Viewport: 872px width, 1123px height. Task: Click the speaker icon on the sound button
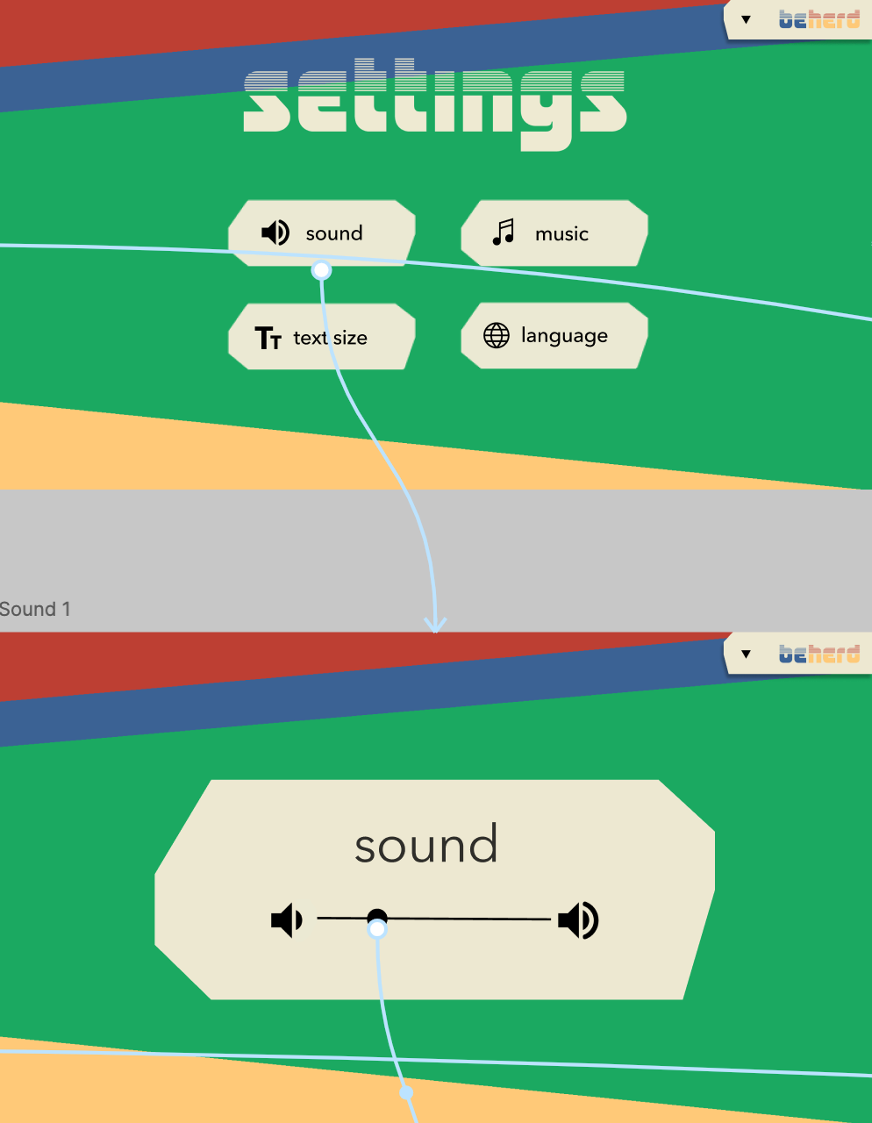(275, 232)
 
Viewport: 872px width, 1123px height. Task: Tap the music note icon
(504, 232)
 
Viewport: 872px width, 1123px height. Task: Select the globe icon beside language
(497, 335)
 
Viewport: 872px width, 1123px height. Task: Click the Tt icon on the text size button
(268, 338)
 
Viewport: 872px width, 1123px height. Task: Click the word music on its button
(561, 234)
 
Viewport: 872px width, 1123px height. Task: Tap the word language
(564, 336)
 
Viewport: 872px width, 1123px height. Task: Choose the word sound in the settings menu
(334, 233)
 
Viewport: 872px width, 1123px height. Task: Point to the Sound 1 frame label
(35, 609)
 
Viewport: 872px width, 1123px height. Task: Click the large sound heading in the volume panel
(426, 845)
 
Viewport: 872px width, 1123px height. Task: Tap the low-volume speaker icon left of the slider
(286, 920)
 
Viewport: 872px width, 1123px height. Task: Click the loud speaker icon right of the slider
(578, 920)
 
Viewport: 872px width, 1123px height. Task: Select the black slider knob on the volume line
(377, 918)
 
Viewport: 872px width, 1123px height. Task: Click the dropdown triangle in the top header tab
(746, 19)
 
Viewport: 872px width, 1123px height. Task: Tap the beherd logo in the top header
(819, 19)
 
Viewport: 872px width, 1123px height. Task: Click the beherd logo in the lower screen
(819, 654)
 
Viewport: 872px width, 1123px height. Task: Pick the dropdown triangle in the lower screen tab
(746, 654)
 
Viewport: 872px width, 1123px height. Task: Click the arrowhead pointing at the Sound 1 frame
(435, 626)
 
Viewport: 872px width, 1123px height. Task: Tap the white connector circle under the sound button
(322, 270)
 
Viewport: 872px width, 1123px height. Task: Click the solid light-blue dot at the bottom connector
(406, 1092)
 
